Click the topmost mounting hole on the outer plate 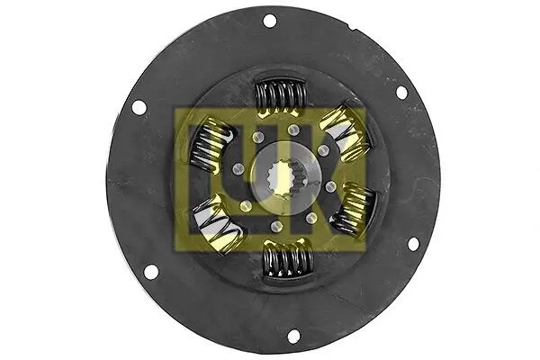click(269, 21)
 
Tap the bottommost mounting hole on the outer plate click(293, 336)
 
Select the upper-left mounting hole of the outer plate click(139, 107)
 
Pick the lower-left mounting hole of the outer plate click(150, 271)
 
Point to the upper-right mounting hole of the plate click(401, 92)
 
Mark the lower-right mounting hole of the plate click(413, 244)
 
